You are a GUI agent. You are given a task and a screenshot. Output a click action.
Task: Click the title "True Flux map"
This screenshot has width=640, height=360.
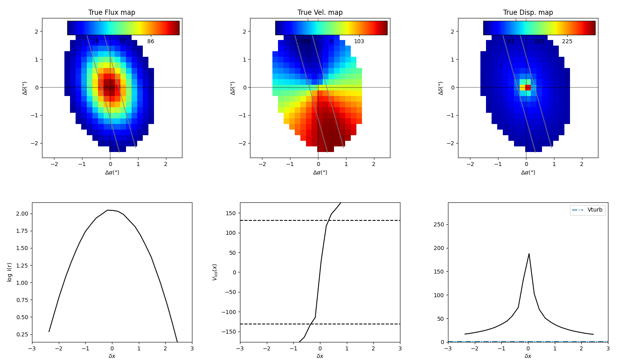(x=112, y=12)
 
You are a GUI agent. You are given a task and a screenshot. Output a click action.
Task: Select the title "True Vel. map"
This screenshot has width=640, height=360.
(x=320, y=12)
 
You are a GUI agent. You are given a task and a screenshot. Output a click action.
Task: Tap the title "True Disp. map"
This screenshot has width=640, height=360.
(x=528, y=12)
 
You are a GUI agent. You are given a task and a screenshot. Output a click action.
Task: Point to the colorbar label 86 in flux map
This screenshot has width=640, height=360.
(x=150, y=42)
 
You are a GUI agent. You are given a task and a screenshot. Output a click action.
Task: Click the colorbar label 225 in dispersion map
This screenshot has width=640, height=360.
(x=567, y=42)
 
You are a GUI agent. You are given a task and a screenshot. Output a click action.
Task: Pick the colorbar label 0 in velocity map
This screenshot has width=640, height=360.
(x=331, y=42)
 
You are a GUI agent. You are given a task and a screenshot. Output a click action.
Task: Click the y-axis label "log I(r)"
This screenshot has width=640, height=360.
(x=10, y=272)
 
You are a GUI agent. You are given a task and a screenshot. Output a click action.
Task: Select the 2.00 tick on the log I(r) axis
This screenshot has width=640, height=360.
(x=22, y=214)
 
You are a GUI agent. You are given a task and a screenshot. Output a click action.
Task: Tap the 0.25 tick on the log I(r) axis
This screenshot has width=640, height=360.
(x=22, y=334)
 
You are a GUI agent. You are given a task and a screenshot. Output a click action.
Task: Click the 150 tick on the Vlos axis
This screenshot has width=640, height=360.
(x=231, y=213)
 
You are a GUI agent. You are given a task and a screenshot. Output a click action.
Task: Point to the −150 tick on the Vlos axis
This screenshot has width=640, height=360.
(x=229, y=332)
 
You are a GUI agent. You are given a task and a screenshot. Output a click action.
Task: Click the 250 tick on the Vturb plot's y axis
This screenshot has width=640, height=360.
(x=439, y=224)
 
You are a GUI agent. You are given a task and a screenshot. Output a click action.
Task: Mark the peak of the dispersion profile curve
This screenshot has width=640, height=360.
(x=529, y=254)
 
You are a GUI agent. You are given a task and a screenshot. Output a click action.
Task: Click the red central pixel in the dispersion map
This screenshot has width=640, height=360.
(x=528, y=88)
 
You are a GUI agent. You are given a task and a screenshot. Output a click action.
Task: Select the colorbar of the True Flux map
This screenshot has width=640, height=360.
(x=123, y=28)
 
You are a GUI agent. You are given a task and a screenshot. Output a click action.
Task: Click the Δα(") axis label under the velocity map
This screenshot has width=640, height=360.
(x=320, y=172)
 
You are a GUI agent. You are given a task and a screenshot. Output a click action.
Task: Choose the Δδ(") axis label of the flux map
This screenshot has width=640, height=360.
(x=25, y=88)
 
